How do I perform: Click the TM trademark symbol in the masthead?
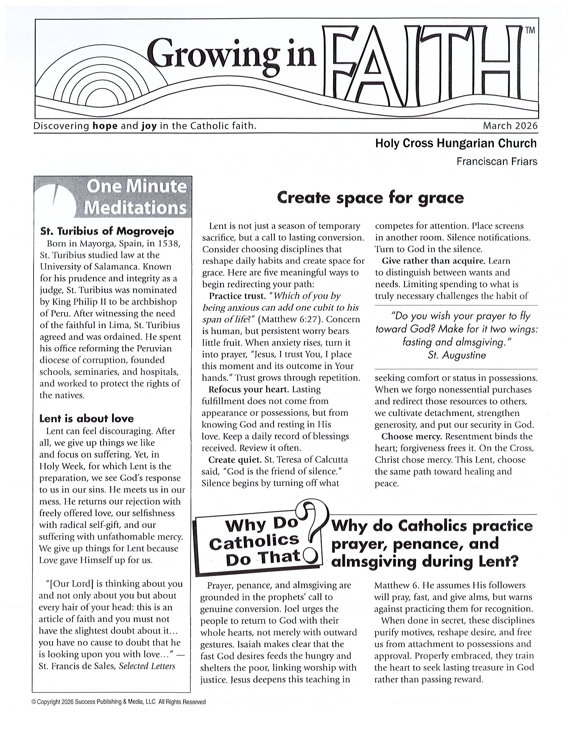[x=530, y=31]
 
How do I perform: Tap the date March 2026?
[x=510, y=126]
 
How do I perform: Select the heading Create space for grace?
[x=370, y=198]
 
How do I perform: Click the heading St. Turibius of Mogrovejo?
[x=107, y=231]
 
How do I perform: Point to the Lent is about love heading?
[x=87, y=419]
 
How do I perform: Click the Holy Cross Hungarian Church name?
[x=456, y=144]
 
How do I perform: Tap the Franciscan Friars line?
[x=497, y=162]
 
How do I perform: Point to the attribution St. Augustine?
[x=457, y=355]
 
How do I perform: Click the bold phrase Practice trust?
[x=238, y=296]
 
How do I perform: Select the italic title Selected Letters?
[x=147, y=666]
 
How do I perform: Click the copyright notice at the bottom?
[x=118, y=702]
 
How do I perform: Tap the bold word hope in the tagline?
[x=105, y=126]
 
